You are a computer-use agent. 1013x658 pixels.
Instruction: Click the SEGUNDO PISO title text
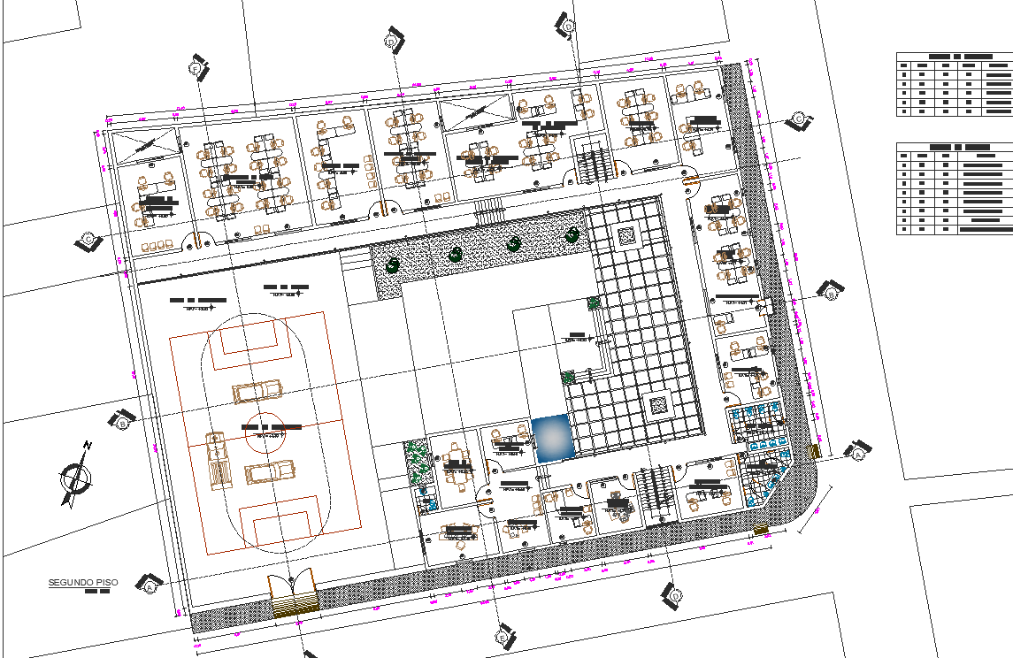(82, 583)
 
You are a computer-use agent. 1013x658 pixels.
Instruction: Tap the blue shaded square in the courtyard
(553, 439)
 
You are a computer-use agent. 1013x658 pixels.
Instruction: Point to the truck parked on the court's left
(217, 460)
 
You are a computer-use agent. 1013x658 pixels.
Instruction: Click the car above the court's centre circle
(257, 390)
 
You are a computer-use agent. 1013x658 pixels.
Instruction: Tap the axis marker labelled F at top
(196, 68)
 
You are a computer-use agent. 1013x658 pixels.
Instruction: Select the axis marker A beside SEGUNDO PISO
(150, 584)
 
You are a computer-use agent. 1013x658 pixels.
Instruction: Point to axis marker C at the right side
(799, 119)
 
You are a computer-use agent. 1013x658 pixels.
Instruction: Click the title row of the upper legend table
(954, 56)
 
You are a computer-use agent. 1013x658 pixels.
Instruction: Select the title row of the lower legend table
(954, 147)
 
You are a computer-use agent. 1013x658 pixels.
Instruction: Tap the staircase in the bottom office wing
(656, 495)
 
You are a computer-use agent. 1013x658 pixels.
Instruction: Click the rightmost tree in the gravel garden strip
(573, 234)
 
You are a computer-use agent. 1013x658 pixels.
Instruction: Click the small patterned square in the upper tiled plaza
(625, 235)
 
